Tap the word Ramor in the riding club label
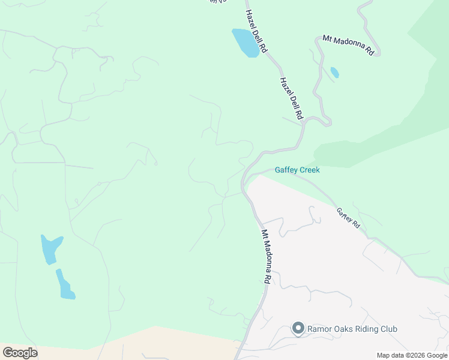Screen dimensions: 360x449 [x=320, y=329]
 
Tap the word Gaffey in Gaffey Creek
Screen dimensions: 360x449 [x=287, y=170]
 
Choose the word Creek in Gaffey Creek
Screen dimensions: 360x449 [x=310, y=170]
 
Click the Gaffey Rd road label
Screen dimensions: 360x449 [x=348, y=218]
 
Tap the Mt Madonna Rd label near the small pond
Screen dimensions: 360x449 [x=349, y=46]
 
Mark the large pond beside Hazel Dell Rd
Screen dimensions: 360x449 [x=245, y=43]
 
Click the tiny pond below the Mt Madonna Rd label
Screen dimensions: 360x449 [x=334, y=73]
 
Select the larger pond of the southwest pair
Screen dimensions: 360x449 [x=50, y=248]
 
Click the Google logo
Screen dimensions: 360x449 [x=19, y=353]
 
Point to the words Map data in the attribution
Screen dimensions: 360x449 [x=389, y=355]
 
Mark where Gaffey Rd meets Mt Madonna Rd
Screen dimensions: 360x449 [x=246, y=180]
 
